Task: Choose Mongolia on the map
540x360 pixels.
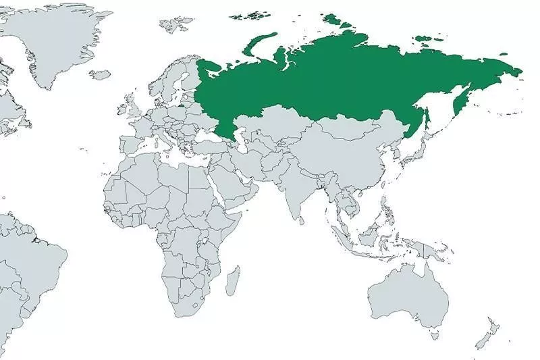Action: pyautogui.click(x=351, y=128)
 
